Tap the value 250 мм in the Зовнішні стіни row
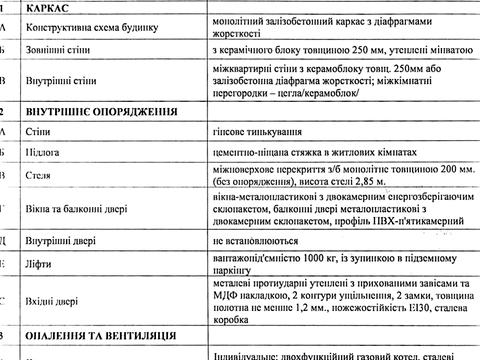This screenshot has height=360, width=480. pos(377,48)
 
